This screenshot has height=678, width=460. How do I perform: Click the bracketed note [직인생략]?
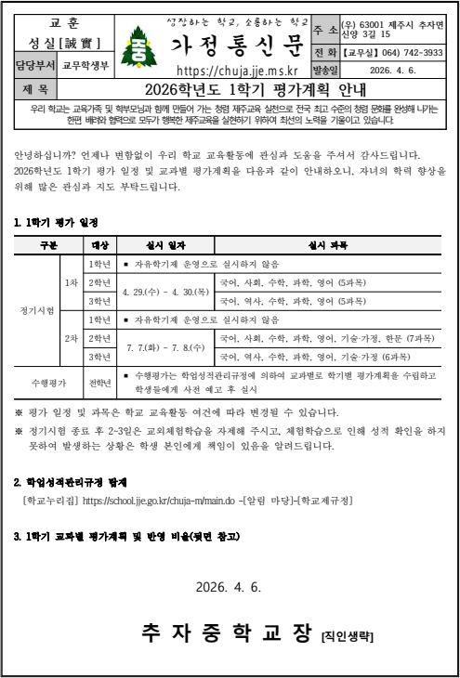click(x=348, y=637)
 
